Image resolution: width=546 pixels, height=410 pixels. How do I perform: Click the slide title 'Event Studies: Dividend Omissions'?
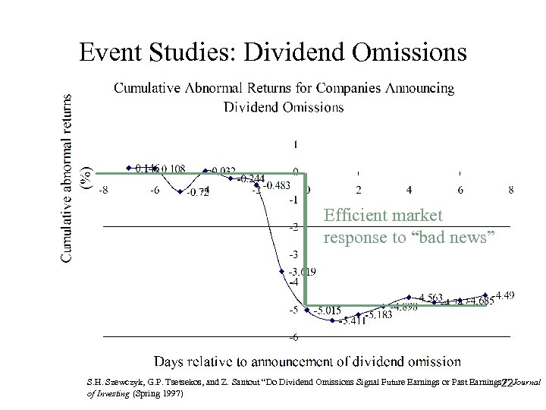coord(273,52)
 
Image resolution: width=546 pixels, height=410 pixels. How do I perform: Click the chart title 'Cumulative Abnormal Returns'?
coord(284,97)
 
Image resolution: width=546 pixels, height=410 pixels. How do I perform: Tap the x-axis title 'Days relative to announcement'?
coord(307,361)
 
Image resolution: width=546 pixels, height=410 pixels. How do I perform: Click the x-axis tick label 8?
coord(510,190)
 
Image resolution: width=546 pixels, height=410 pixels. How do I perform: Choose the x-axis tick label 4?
coord(409,190)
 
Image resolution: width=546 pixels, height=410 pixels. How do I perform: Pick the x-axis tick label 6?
coord(460,190)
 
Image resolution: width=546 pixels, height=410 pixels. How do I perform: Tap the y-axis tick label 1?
coord(295,144)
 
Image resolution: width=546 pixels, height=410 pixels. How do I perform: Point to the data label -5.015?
coord(327,310)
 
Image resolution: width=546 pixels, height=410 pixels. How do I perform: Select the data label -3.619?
coord(301,272)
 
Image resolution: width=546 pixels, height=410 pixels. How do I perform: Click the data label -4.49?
coord(504,295)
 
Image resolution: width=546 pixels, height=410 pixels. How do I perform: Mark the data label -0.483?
coord(277,186)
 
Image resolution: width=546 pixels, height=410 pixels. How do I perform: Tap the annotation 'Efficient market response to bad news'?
coord(409,226)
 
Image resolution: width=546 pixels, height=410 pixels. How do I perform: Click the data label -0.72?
coord(197,192)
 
